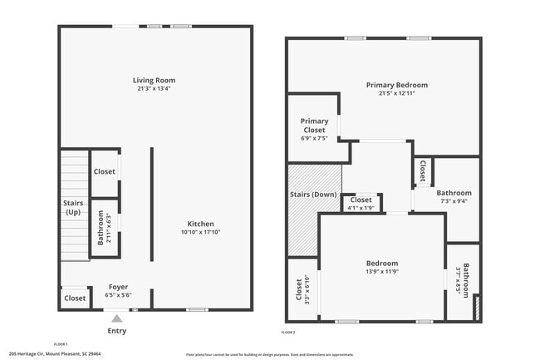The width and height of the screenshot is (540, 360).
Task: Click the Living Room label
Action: (154, 81)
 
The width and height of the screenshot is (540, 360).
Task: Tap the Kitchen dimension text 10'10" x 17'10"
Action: (200, 233)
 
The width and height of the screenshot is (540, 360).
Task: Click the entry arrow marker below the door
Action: (117, 318)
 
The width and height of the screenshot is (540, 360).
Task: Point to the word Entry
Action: (117, 330)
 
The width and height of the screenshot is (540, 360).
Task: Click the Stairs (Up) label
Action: (73, 208)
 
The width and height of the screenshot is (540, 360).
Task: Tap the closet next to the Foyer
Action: (75, 298)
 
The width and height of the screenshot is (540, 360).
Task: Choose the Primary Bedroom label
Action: (396, 85)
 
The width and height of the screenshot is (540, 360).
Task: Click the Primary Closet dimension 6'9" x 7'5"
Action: (314, 138)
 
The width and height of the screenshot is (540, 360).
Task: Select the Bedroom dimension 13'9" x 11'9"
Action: (382, 272)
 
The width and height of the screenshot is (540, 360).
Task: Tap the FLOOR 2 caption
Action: (288, 333)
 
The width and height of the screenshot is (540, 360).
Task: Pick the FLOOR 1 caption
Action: (61, 343)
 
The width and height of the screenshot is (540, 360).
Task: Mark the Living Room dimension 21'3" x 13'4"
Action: (154, 89)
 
